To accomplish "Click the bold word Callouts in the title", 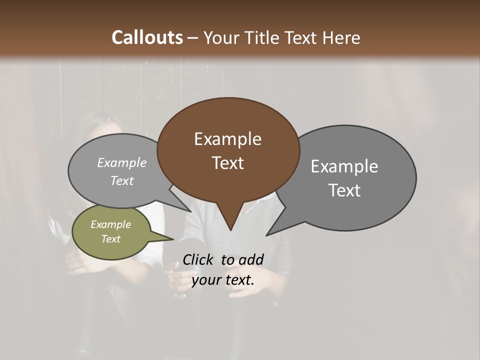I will pyautogui.click(x=147, y=37).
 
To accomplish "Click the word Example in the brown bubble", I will pyautogui.click(x=227, y=139).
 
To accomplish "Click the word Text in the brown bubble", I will pyautogui.click(x=227, y=163).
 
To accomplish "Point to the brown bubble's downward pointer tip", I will pyautogui.click(x=230, y=230).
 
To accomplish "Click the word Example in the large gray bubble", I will pyautogui.click(x=344, y=166).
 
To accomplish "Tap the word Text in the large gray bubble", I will pyautogui.click(x=344, y=190).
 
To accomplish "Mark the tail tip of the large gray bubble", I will pyautogui.click(x=266, y=235).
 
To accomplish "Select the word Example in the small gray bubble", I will pyautogui.click(x=121, y=163).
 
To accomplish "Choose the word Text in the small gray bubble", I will pyautogui.click(x=121, y=180).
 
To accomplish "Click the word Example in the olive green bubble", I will pyautogui.click(x=110, y=224).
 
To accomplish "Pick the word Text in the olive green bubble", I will pyautogui.click(x=110, y=239).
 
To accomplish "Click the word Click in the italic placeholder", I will pyautogui.click(x=198, y=259).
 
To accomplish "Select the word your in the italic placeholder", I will pyautogui.click(x=205, y=280).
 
